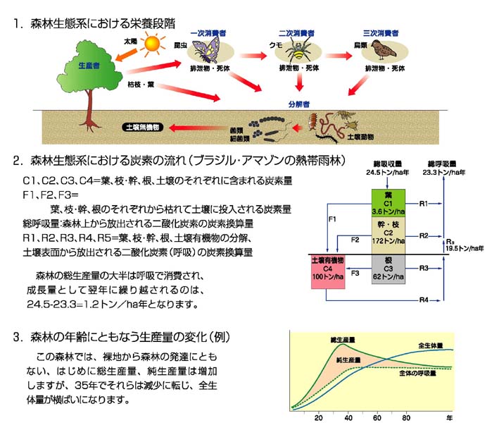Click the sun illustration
[x=150, y=47]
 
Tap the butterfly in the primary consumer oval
[x=209, y=50]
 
